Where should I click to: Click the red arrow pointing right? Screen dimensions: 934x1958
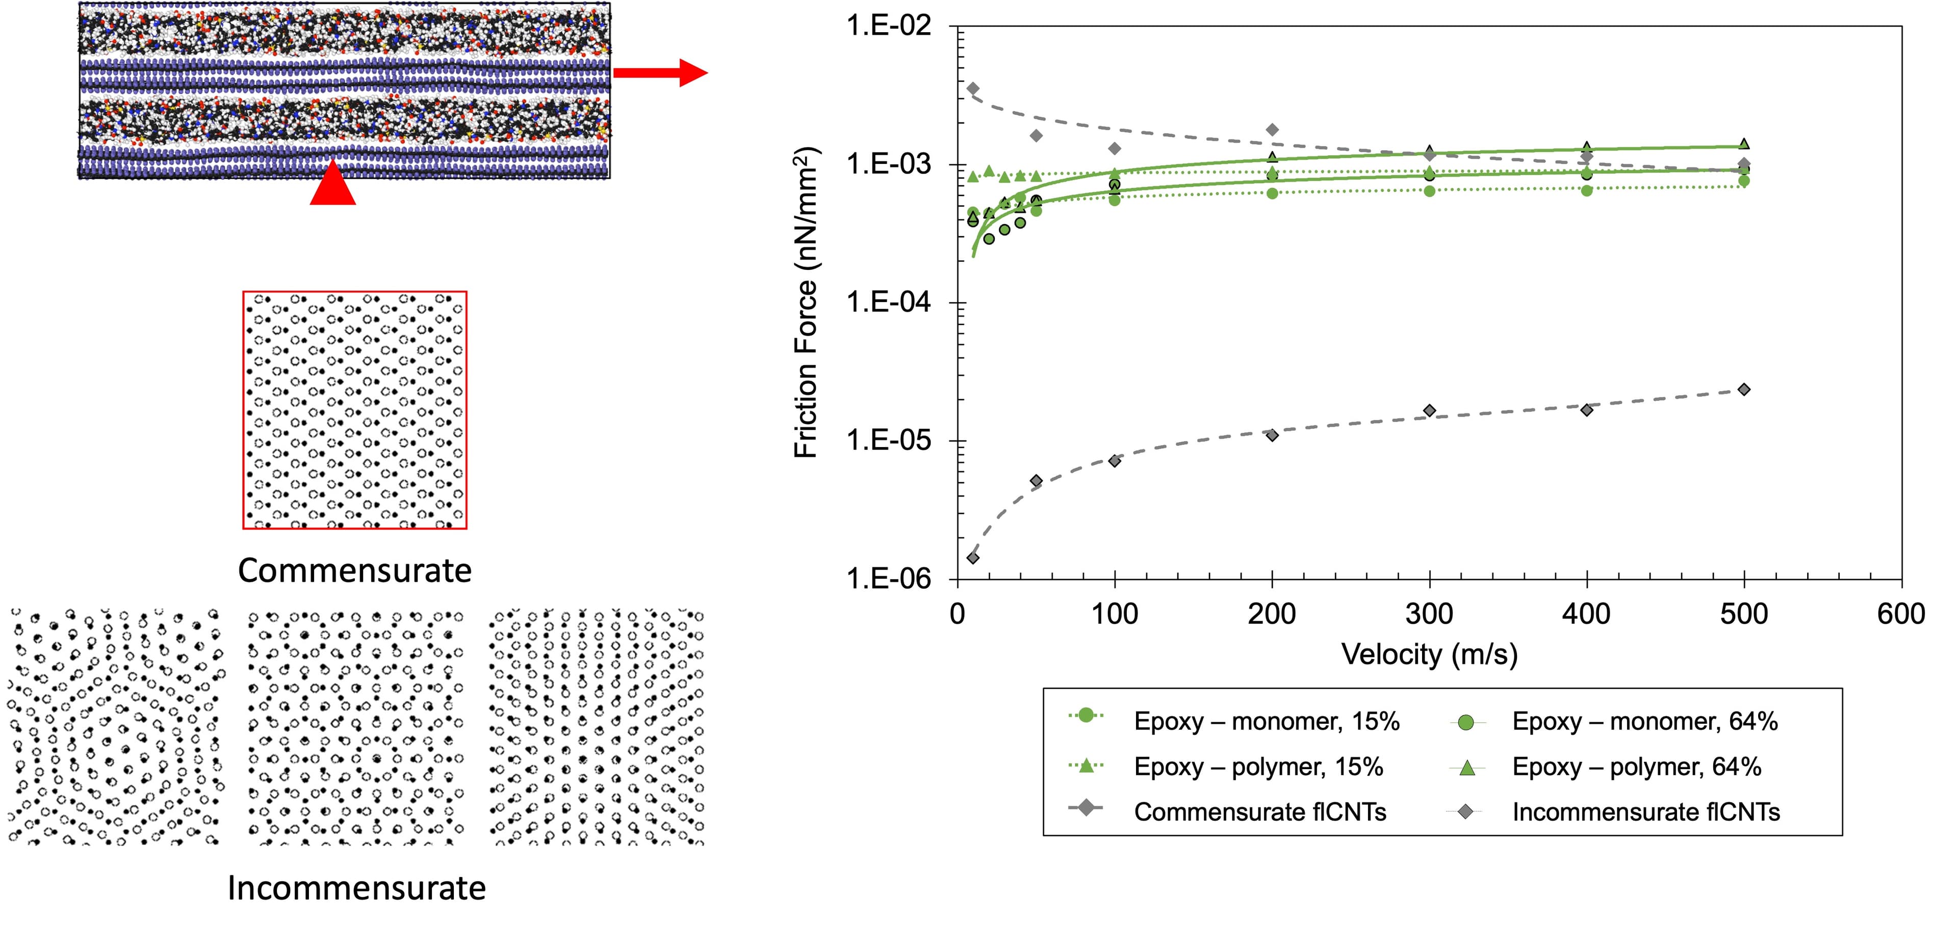(660, 73)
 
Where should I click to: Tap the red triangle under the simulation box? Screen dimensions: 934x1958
(333, 186)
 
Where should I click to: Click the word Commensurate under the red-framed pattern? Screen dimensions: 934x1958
(354, 571)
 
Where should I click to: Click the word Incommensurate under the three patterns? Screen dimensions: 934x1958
(356, 888)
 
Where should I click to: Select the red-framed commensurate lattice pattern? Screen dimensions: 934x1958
(354, 410)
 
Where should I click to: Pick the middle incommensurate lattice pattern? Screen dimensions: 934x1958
(356, 727)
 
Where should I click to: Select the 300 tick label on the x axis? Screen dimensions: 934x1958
(1429, 614)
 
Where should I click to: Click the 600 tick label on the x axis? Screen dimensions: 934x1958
(1900, 614)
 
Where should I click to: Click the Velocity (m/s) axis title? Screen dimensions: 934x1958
(1429, 655)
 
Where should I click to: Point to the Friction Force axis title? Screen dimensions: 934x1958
(806, 303)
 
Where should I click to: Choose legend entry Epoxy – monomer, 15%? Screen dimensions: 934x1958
(1266, 721)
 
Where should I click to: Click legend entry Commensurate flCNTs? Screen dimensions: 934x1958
(1259, 813)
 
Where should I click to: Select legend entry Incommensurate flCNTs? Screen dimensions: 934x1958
(1645, 813)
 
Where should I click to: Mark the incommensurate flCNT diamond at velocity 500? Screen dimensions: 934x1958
(1744, 389)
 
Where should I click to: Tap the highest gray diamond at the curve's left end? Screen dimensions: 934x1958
(973, 88)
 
